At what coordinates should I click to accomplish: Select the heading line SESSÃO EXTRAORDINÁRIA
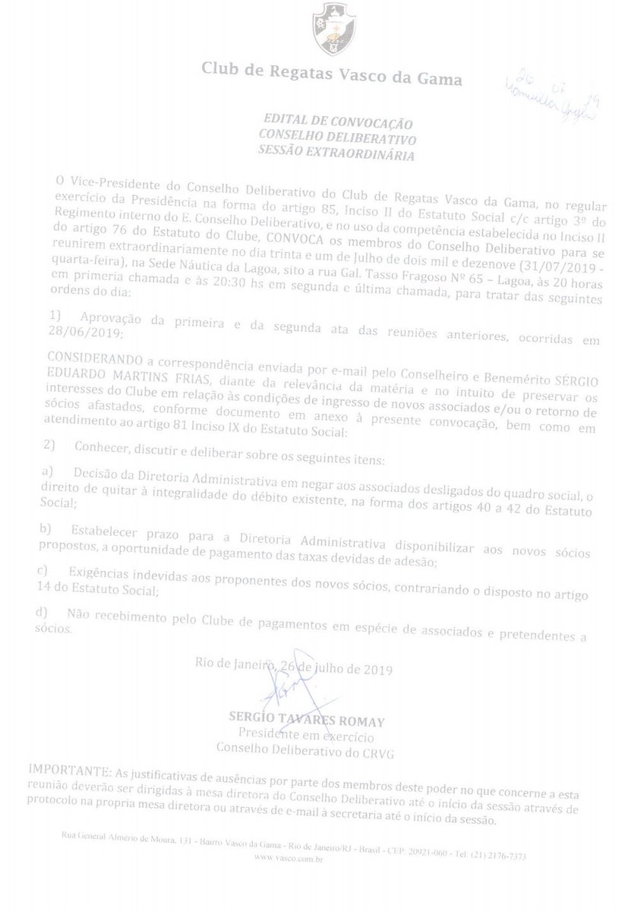[336, 155]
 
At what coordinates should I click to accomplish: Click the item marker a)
[49, 472]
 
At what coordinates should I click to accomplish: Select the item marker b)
[47, 525]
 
